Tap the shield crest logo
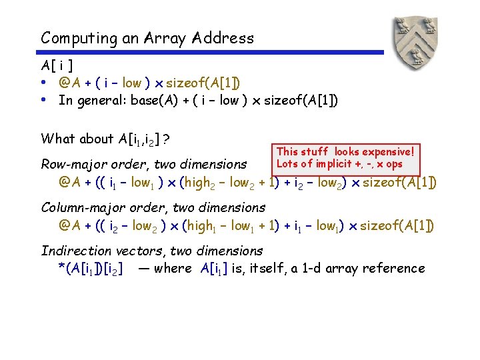413,42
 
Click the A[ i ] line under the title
57,66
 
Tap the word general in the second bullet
99,101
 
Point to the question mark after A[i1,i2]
165,139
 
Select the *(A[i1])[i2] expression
91,269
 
